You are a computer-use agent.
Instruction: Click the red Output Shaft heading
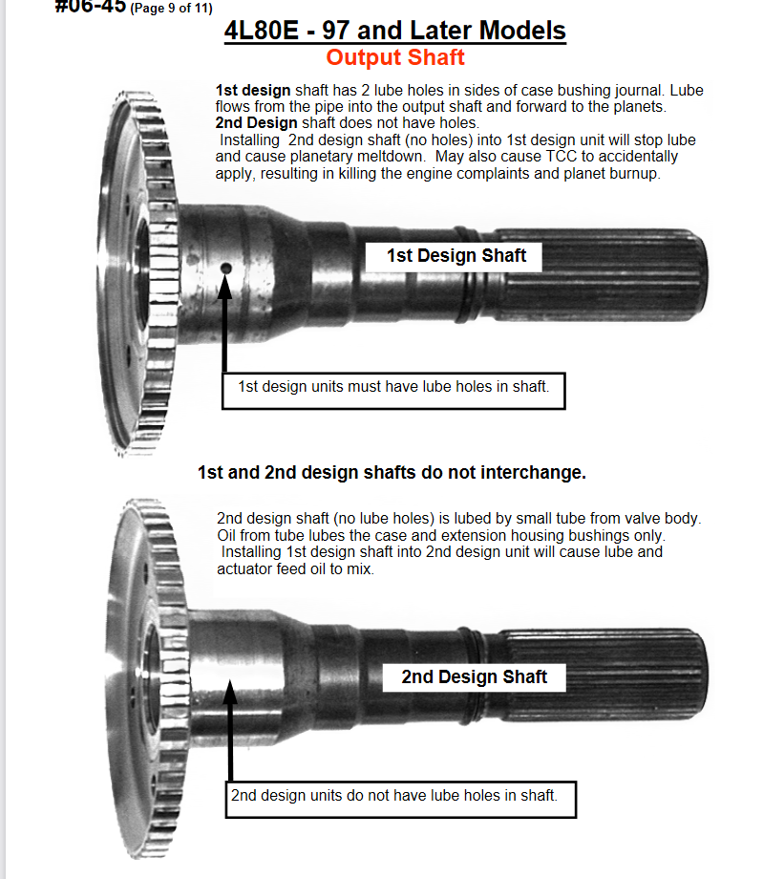coord(395,57)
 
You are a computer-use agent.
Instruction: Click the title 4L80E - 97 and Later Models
coord(395,31)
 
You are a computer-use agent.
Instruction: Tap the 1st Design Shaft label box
coord(456,256)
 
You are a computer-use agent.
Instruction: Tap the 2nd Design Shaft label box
coord(474,677)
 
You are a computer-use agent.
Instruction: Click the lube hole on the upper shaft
coord(226,268)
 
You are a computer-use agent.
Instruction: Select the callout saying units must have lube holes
coord(393,388)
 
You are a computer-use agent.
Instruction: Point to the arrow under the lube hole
coord(226,325)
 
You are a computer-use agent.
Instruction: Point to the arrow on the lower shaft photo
coord(230,736)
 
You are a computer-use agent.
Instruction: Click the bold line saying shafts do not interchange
coord(392,473)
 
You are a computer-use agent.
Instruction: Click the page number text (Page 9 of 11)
coord(171,9)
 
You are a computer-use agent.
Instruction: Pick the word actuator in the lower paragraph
coord(247,569)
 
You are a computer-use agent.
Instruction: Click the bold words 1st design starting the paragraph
coord(252,91)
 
